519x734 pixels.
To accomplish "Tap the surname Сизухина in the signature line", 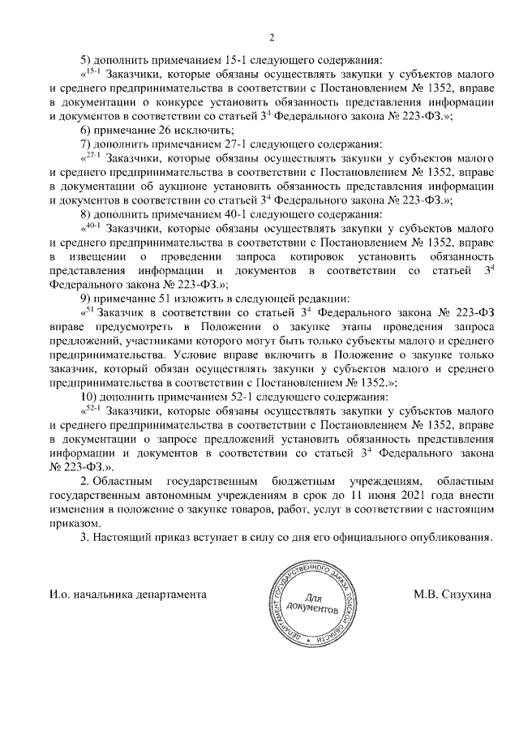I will (x=461, y=594).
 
